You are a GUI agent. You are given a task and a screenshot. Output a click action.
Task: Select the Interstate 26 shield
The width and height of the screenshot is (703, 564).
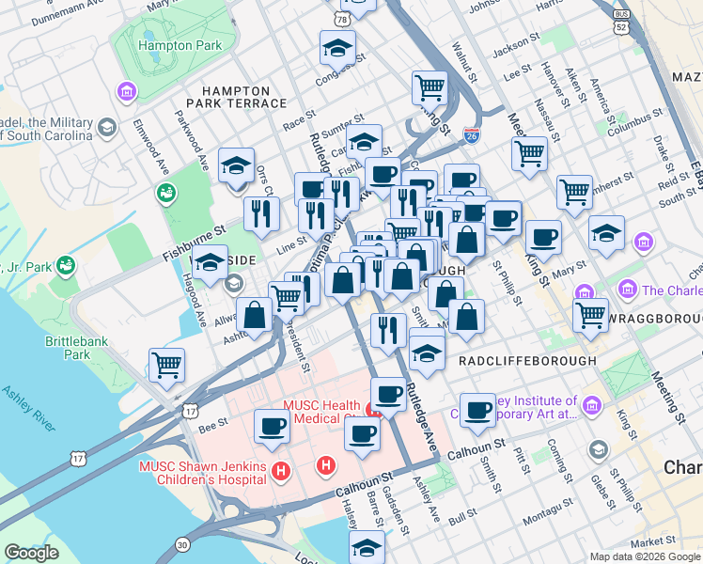(471, 138)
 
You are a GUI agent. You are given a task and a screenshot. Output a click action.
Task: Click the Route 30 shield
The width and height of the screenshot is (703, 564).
(181, 545)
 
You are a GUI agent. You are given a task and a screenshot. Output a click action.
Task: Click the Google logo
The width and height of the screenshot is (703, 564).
(31, 553)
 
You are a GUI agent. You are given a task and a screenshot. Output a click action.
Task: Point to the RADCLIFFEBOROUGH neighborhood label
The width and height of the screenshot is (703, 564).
(527, 360)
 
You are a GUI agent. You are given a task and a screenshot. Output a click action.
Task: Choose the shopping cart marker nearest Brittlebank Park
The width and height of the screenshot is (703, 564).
(167, 364)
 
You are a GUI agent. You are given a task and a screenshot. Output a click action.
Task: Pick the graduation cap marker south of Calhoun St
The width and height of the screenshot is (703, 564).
(367, 546)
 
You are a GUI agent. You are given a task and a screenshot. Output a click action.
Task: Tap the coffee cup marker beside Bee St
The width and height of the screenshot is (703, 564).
(273, 426)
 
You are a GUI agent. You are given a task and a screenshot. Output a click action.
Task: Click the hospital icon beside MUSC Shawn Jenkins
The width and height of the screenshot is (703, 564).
(278, 470)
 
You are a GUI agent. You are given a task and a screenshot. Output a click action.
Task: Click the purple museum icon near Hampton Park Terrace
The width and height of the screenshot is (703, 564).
(125, 91)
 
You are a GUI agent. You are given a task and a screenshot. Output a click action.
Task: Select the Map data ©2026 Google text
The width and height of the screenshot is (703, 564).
(645, 556)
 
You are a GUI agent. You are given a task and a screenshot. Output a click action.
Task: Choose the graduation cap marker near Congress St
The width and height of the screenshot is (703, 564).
(338, 47)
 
